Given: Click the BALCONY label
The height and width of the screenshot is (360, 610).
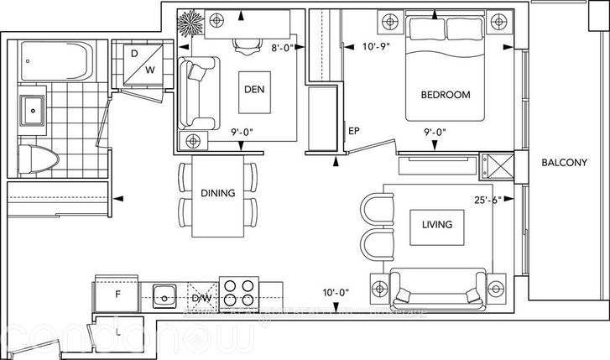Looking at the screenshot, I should [563, 163].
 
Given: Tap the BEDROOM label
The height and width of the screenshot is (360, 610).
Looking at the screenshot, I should [445, 95].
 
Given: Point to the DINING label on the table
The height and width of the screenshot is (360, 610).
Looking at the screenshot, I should [217, 193].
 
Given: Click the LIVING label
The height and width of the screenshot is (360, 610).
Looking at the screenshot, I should [436, 224].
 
